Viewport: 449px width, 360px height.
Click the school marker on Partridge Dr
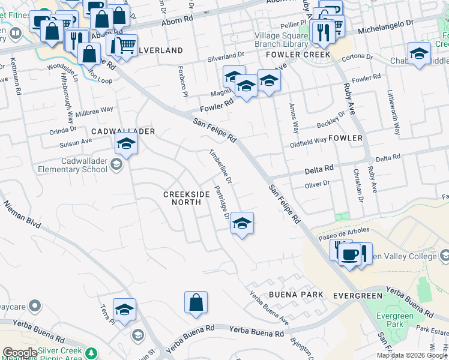[242, 224]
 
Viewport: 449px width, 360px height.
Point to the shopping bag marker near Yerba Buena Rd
[196, 303]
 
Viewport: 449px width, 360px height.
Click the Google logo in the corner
[19, 353]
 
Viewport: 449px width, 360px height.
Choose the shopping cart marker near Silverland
[126, 44]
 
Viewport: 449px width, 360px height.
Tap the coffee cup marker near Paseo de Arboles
[349, 254]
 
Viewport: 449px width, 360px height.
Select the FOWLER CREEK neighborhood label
[303, 55]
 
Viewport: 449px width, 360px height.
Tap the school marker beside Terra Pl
[125, 310]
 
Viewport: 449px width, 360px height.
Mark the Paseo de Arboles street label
[345, 231]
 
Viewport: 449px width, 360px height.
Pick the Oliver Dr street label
[318, 184]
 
